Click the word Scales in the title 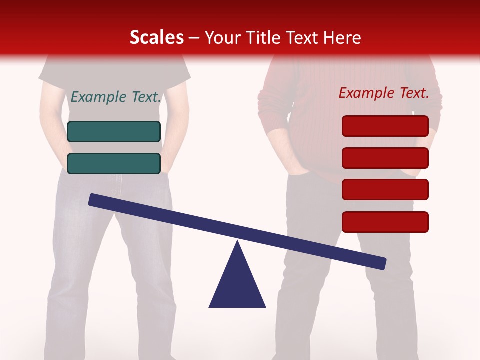[156, 37]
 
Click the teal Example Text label [116, 97]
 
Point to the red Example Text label [384, 93]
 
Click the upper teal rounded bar [114, 131]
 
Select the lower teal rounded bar [114, 163]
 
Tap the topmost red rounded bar [385, 126]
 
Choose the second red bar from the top [385, 158]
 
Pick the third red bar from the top [385, 189]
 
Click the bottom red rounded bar [385, 222]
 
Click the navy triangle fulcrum [237, 285]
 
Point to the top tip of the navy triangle [238, 242]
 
